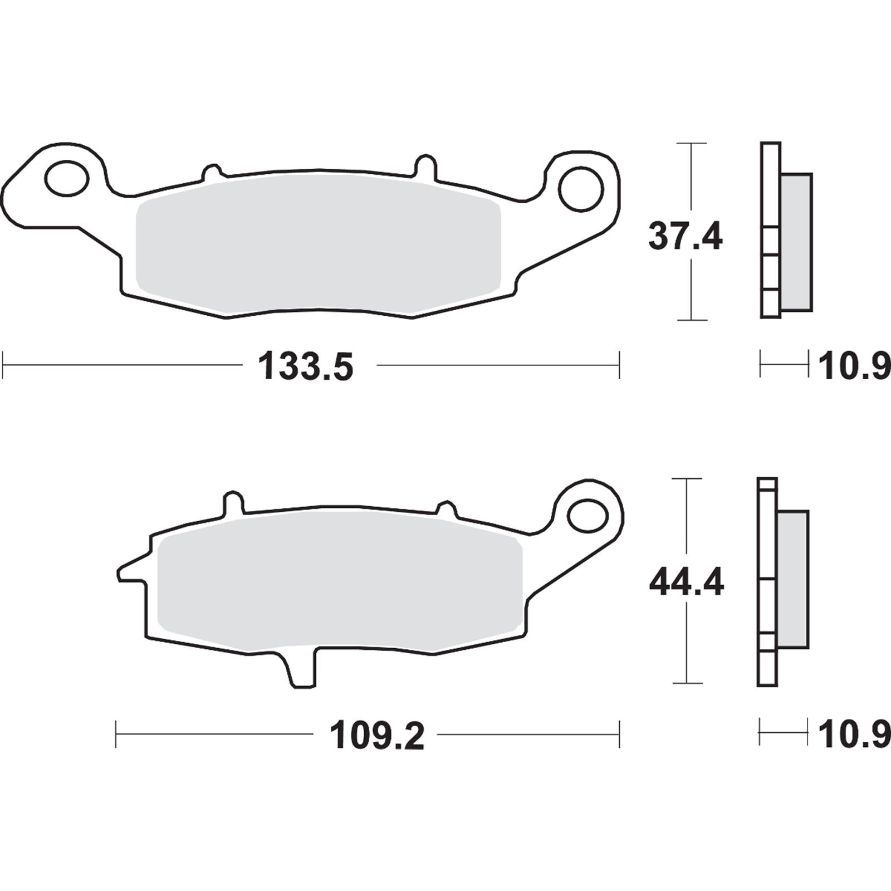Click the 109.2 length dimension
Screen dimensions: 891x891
coord(377,735)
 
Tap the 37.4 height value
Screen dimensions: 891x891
coord(685,237)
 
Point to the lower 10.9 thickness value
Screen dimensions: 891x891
coord(854,735)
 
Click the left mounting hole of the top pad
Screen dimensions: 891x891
coord(66,178)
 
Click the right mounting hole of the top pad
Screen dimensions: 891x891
coord(582,189)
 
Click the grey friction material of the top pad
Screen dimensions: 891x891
coord(317,245)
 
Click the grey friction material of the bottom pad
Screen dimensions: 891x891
coord(340,585)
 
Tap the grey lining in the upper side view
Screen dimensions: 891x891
coord(796,241)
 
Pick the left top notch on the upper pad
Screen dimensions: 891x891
coord(211,172)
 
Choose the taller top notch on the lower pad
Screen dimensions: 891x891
coord(233,501)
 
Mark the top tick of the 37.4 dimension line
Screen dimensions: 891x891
coord(691,144)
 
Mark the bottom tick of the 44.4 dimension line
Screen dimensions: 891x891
coord(687,683)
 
